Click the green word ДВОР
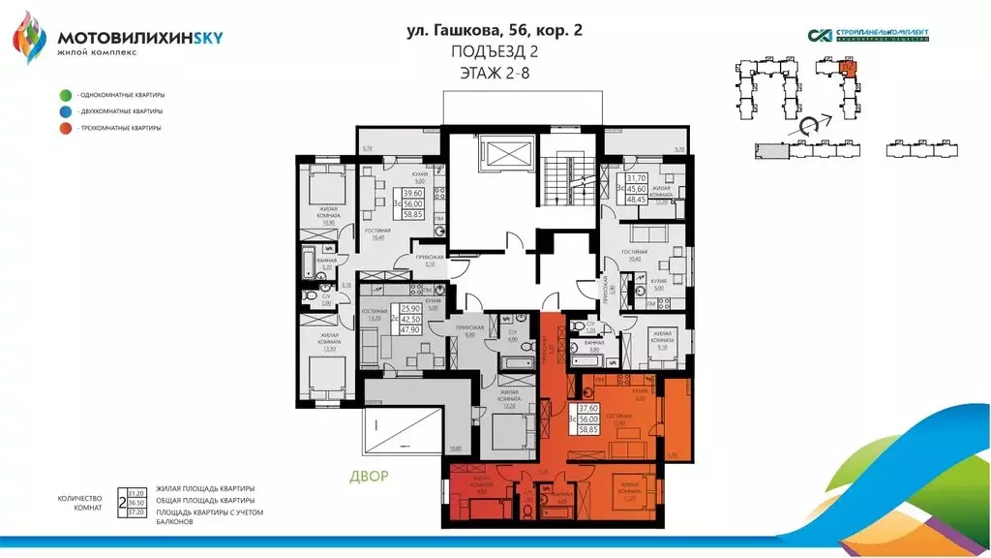[370, 477]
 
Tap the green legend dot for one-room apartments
[64, 95]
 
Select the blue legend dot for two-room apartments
[64, 111]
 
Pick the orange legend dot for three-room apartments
[64, 128]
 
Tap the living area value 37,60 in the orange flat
[587, 408]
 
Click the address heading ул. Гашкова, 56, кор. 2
[495, 30]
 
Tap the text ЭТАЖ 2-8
[495, 72]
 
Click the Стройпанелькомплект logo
[868, 35]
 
